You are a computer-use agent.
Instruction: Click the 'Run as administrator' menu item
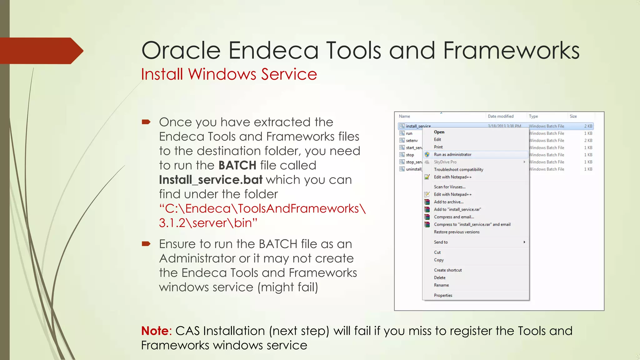[x=452, y=154]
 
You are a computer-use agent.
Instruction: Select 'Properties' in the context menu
[x=443, y=295]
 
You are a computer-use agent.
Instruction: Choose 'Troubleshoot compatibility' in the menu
[x=458, y=169]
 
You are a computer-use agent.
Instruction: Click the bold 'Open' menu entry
[x=439, y=132]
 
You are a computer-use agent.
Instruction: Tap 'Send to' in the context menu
[x=441, y=242]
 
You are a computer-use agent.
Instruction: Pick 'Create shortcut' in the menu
[x=447, y=270]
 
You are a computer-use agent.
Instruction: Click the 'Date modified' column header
[x=500, y=116]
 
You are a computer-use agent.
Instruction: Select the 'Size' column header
[x=573, y=116]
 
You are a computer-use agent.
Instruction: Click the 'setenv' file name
[x=412, y=141]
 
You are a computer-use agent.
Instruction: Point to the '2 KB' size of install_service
[x=588, y=126]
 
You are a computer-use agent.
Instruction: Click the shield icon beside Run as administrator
[x=427, y=154]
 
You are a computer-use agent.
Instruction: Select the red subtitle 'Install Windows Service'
[x=229, y=74]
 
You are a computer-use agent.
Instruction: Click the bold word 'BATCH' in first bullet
[x=237, y=165]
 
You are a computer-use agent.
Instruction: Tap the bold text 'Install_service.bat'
[x=211, y=180]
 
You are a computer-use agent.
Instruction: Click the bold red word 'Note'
[x=155, y=331]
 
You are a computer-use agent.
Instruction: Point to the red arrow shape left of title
[x=41, y=51]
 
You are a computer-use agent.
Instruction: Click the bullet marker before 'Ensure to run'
[x=146, y=243]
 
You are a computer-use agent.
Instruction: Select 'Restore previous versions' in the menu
[x=456, y=232]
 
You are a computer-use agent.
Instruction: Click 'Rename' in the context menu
[x=441, y=285]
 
